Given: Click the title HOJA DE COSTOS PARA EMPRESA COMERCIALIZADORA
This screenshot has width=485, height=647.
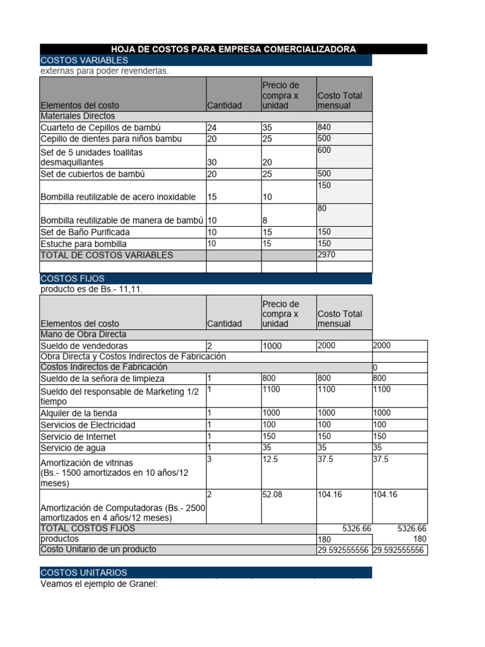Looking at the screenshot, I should coord(233,49).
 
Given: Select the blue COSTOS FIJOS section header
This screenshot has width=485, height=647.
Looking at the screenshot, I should coord(73,279).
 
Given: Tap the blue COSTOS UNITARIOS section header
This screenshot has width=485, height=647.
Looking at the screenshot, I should coord(84,572).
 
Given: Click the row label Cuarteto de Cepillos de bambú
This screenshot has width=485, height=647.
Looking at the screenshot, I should coord(100,128).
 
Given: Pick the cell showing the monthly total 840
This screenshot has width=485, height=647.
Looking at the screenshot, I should coord(325,128).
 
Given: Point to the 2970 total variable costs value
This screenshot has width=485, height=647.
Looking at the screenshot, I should coord(326,255).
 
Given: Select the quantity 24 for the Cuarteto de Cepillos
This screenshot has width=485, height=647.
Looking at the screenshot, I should coord(212,128).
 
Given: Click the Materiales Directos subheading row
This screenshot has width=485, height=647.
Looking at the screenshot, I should coord(78,116).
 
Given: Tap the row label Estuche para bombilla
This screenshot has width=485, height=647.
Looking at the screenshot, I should coord(83,244).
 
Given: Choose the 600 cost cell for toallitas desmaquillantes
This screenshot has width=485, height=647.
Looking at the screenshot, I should coord(325,150).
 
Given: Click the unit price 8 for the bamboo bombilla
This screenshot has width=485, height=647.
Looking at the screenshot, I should coord(265,221).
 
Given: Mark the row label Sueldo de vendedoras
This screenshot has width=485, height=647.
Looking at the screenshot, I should coord(84,346).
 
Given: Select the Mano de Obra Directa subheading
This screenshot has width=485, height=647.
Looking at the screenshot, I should coord(83,334).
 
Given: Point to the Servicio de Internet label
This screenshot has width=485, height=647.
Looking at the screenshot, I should coord(78,437).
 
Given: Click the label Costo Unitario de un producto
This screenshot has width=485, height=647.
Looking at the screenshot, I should coord(98,550).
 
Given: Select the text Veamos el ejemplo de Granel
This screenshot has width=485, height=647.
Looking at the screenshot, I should coord(99,584).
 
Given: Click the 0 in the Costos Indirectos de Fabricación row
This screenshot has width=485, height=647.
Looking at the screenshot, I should coord(376,368).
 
